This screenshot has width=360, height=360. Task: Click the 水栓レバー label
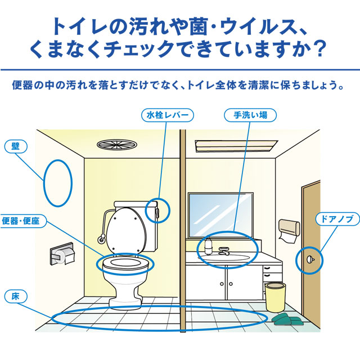[x=168, y=115]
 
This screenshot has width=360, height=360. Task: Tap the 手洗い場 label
[x=250, y=115]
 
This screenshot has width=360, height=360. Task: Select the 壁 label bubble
[x=16, y=146]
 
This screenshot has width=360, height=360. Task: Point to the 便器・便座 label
[x=22, y=221]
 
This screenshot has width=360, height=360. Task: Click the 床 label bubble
[x=16, y=296]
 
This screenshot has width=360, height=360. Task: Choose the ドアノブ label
[x=337, y=219]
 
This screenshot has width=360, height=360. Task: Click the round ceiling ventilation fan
[x=117, y=145]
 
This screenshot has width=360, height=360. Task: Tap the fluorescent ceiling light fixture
[x=236, y=146]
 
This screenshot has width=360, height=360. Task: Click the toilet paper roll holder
[x=62, y=254]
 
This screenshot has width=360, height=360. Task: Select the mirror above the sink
[x=221, y=215]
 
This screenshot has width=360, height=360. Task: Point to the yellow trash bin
[x=276, y=297]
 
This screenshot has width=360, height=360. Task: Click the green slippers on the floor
[x=287, y=319]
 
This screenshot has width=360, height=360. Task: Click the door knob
[x=310, y=259]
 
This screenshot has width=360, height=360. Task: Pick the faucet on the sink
[x=224, y=251]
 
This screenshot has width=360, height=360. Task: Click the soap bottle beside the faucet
[x=208, y=246]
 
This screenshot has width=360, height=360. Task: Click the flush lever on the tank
[x=157, y=212]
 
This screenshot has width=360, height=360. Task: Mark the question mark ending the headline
[x=320, y=48]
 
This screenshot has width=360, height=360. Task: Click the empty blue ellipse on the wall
[x=44, y=183]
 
